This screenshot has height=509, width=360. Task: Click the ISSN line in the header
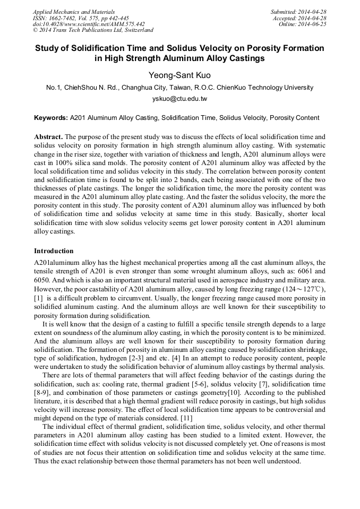[81, 18]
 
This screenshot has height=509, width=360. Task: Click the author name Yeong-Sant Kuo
[179, 75]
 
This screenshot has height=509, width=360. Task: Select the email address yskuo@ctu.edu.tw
[179, 99]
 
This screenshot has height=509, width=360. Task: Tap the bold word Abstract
[48, 137]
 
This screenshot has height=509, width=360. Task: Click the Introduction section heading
[54, 251]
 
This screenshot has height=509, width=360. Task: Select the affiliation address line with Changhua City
[179, 88]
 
